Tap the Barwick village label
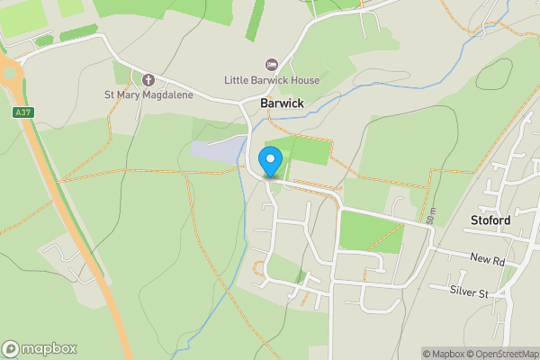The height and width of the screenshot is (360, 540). click(282, 103)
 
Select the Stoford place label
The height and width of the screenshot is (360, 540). click(490, 220)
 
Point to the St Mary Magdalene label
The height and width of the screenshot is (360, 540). click(148, 95)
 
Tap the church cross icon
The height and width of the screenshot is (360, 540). click(148, 80)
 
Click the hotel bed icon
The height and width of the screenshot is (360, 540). click(270, 65)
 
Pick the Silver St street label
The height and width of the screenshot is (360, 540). click(471, 292)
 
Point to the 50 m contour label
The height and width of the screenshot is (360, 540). click(433, 215)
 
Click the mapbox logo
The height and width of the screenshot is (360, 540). click(39, 349)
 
